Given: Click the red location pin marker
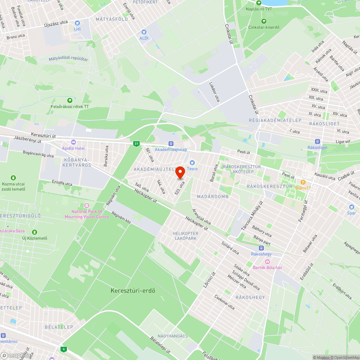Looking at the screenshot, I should [180, 173].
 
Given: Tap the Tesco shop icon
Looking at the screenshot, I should [192, 163].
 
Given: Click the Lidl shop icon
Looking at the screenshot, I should [77, 23].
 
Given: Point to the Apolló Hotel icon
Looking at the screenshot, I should [73, 143].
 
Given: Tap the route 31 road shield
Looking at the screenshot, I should [136, 144].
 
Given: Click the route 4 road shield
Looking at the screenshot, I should [64, 349].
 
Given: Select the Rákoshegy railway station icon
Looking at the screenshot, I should [261, 248].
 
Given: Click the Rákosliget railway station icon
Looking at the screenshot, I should [317, 141].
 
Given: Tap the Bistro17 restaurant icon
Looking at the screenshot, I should [303, 182].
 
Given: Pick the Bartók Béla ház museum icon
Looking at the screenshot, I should [267, 262].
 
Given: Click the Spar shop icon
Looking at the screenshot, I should [352, 207].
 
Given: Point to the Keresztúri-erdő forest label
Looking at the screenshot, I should [133, 291].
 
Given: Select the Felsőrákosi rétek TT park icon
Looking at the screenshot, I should [69, 100].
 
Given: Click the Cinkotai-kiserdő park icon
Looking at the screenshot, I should [264, 21].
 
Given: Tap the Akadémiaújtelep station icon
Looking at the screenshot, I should [171, 144].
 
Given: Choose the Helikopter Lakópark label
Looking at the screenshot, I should [185, 236].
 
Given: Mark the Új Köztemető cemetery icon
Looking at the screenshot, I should [35, 232].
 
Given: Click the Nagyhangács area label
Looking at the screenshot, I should [173, 336].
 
